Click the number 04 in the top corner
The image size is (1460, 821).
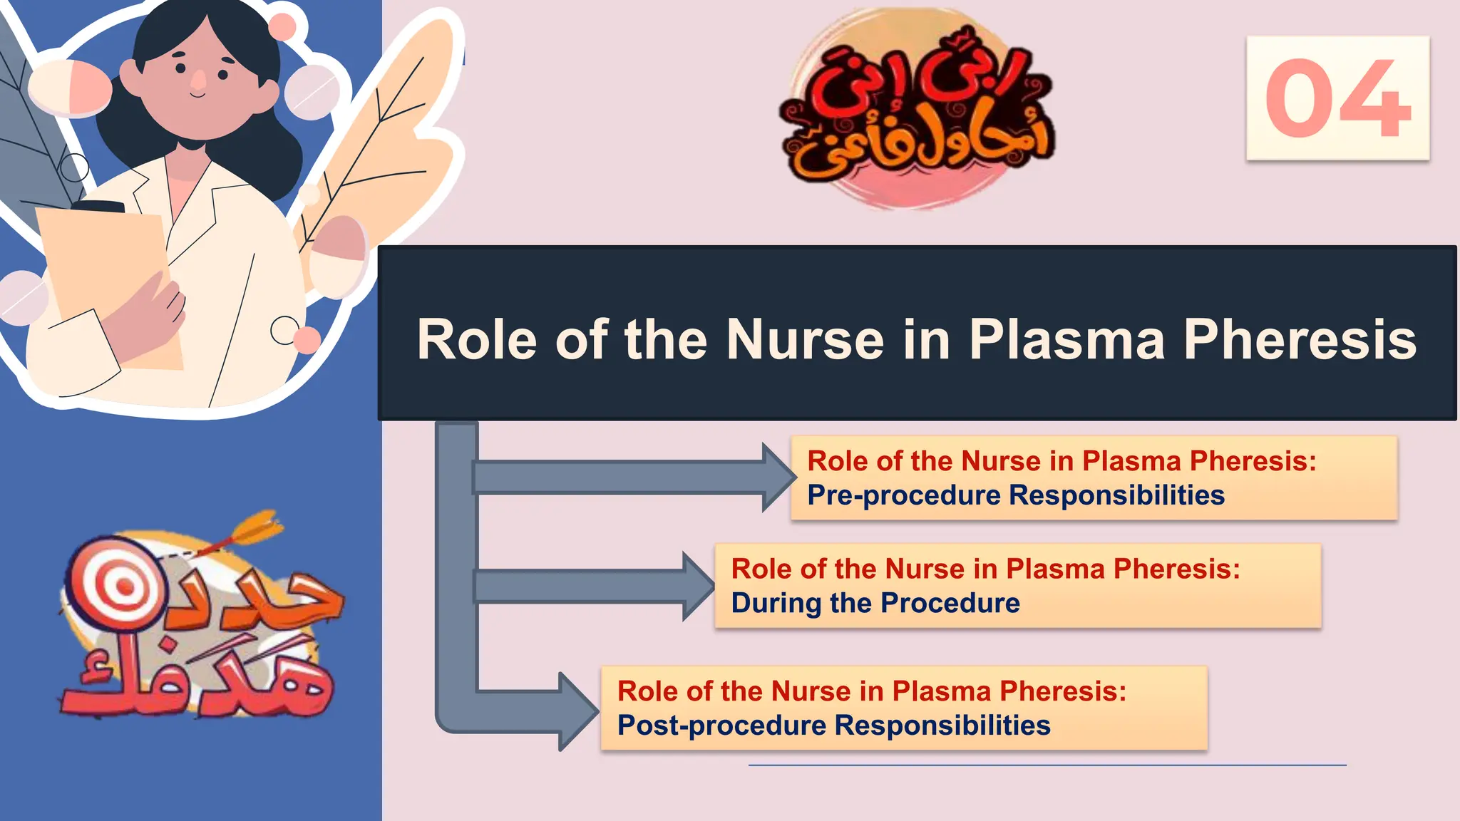coord(1337,98)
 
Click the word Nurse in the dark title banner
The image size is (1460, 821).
coord(805,339)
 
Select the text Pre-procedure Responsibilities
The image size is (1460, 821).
coord(1015,495)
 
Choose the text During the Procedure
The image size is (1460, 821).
coord(875,603)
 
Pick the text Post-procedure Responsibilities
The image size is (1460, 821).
coord(833,726)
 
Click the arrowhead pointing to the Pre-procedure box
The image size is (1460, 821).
coord(779,477)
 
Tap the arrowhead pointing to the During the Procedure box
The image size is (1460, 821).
coord(699,586)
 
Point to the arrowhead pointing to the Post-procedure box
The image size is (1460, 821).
coord(578,711)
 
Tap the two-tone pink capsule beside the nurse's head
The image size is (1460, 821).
coord(70,87)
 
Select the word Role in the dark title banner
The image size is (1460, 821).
coord(476,339)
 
